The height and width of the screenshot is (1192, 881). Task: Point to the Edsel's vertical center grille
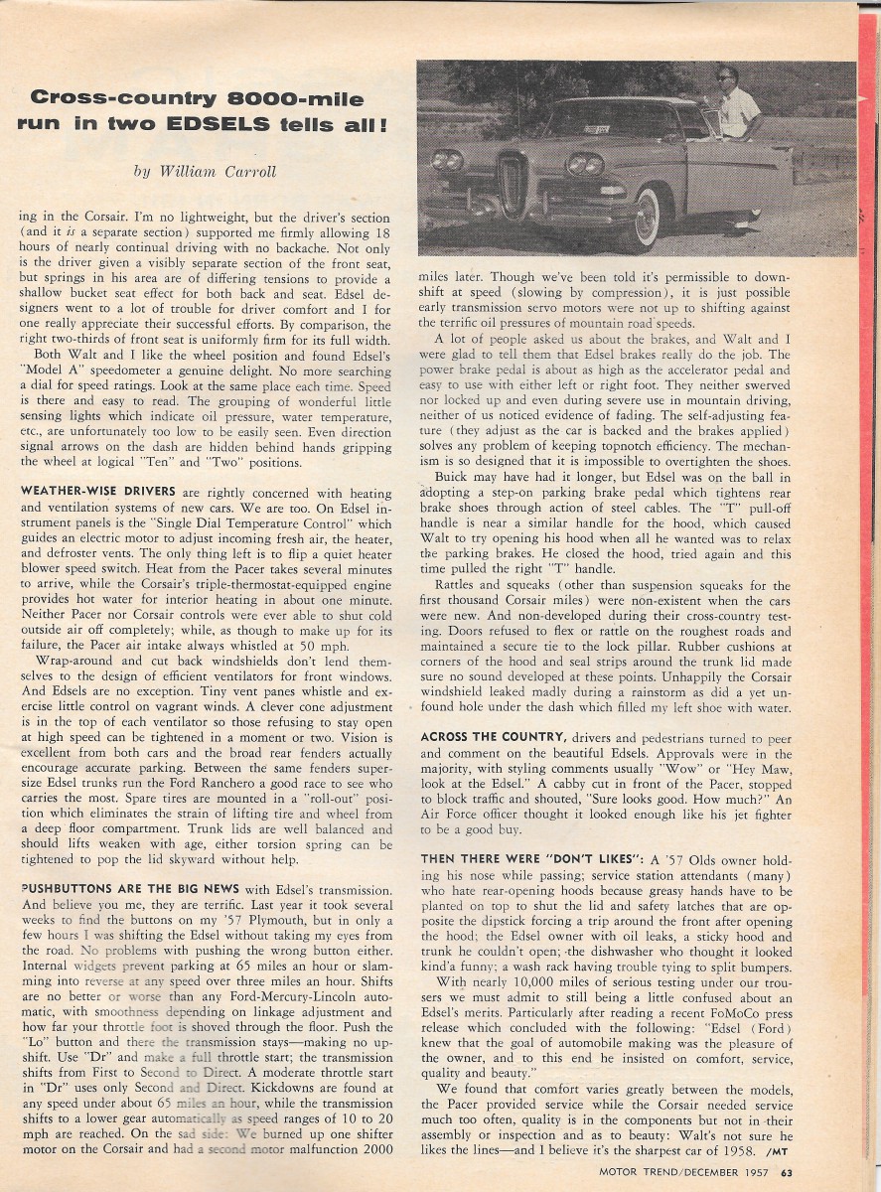pos(513,186)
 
